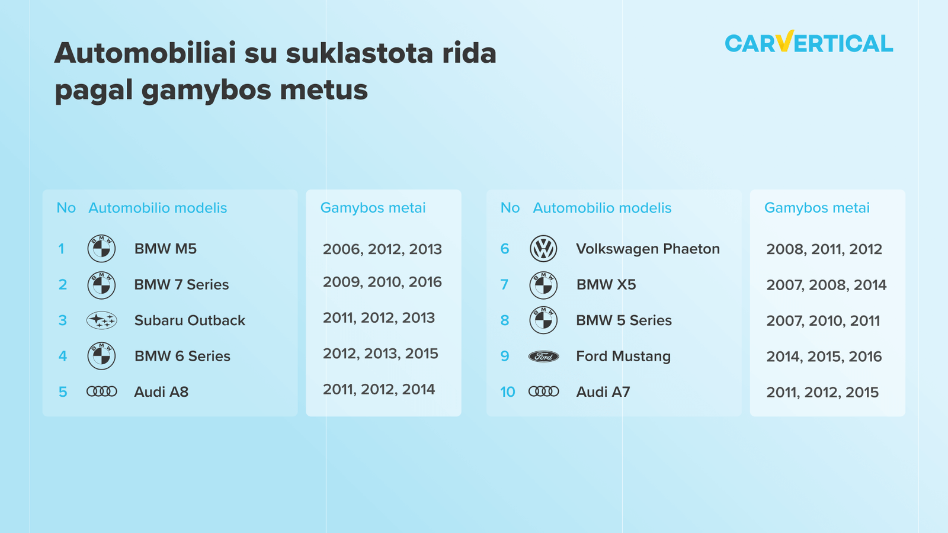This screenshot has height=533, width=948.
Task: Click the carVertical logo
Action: tap(809, 42)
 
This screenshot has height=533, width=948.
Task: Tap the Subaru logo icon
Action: tap(101, 320)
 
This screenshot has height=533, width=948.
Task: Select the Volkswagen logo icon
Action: tap(543, 249)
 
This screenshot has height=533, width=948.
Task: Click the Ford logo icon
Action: tap(543, 357)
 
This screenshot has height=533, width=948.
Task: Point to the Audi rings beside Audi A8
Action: tap(101, 391)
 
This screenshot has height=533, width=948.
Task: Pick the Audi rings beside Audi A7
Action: tap(543, 391)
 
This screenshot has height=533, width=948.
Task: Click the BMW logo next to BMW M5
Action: tap(101, 249)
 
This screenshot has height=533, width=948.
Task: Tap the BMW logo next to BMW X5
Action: tap(543, 285)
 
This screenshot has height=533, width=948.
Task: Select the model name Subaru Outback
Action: tap(190, 320)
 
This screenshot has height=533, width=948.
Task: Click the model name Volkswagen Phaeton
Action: tap(648, 249)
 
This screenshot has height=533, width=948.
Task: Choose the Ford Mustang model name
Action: tap(623, 356)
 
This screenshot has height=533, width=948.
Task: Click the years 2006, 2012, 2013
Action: tap(382, 249)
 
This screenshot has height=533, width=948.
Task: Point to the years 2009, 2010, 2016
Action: tap(382, 282)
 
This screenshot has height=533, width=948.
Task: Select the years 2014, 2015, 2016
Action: tap(824, 357)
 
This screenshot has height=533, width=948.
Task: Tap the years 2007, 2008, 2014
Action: tap(826, 285)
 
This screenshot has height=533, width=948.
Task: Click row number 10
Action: tap(507, 391)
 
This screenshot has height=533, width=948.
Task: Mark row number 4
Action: tap(63, 356)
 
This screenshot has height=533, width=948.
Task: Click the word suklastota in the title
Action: tap(360, 53)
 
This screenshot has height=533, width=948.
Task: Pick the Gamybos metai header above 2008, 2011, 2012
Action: tap(817, 208)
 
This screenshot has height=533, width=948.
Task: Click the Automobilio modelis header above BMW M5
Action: tap(158, 208)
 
